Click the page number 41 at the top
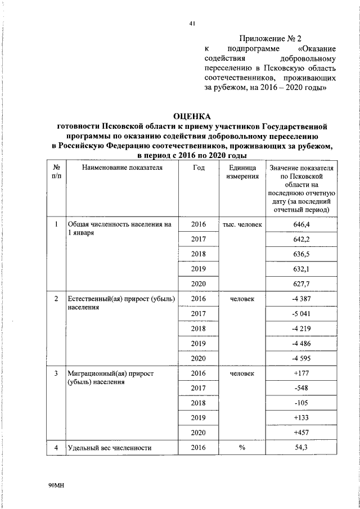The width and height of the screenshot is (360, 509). [x=192, y=23]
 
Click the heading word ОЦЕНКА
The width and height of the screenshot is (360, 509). [x=191, y=116]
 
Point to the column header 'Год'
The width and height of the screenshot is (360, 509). [x=199, y=168]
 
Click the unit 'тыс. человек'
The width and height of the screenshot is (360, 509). [x=242, y=224]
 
